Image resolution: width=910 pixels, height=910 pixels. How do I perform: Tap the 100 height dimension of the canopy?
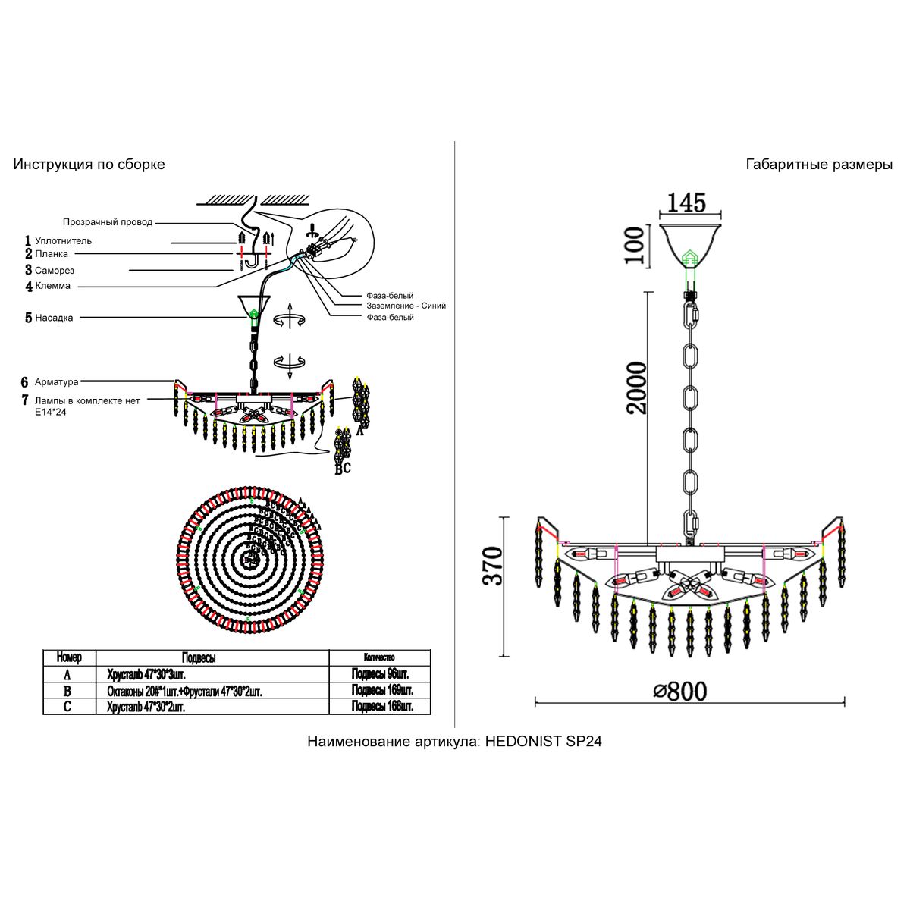point(636,244)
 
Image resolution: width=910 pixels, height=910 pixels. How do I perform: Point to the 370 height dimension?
point(493,566)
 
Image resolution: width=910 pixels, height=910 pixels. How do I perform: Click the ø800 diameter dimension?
point(679,691)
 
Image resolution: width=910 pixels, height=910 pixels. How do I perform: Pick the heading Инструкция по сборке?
point(89,165)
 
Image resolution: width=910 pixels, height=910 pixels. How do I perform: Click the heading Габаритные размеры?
point(819,165)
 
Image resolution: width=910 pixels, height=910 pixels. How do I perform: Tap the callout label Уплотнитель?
point(63,240)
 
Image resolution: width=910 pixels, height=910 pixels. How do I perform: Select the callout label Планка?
point(52,254)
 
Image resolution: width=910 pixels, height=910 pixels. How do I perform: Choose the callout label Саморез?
point(55,270)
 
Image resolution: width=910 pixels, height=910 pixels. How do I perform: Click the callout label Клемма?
point(52,286)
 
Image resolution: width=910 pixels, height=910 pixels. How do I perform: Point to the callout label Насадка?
point(54,318)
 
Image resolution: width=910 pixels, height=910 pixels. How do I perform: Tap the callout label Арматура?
point(56,382)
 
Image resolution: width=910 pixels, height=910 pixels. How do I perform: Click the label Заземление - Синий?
point(406,306)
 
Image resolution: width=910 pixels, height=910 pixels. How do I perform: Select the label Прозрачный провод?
point(108,222)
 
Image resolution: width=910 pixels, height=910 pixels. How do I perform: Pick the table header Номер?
point(68,657)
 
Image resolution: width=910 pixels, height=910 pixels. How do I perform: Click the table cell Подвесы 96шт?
point(380,674)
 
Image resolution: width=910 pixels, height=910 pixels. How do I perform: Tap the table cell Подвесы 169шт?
point(381,691)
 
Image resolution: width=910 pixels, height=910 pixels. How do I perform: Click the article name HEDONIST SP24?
point(543,742)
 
